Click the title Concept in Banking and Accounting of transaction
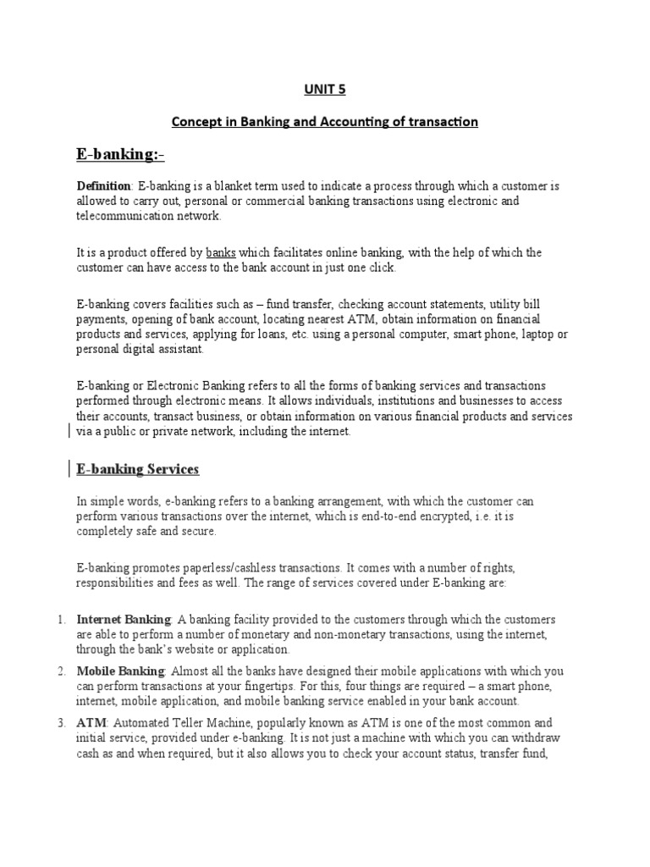pyautogui.click(x=325, y=122)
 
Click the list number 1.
pyautogui.click(x=62, y=620)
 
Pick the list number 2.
pyautogui.click(x=62, y=671)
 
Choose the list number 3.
pyautogui.click(x=62, y=723)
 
